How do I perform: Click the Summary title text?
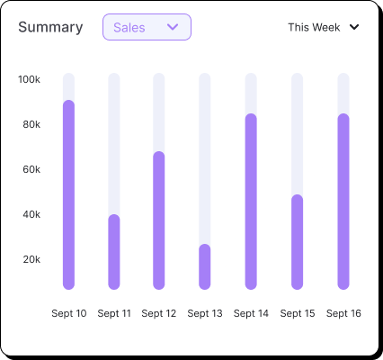50,27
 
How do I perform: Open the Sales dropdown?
147,27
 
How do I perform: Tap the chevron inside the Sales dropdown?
174,27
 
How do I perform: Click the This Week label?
314,27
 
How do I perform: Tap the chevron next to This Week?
354,27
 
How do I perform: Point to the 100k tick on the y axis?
29,79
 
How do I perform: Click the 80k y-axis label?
31,124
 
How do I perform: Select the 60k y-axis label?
31,169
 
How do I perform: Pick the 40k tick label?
31,214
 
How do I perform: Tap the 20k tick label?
31,259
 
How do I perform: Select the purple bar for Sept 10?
68,194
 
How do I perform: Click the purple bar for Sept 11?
114,252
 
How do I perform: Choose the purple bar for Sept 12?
159,220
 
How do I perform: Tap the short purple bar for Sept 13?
205,266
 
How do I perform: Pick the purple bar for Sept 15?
298,242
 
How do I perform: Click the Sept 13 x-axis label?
205,313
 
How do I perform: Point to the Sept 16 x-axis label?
343,313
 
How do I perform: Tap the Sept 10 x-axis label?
69,313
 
